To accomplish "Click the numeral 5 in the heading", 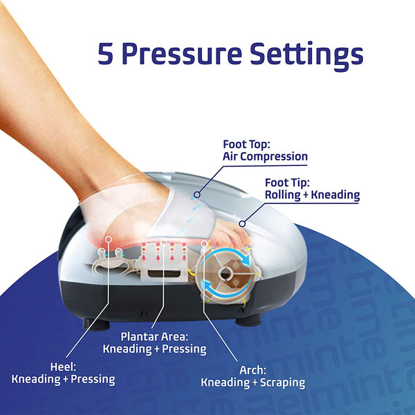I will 106,53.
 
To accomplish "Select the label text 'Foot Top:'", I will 246,145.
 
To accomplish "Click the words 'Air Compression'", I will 265,157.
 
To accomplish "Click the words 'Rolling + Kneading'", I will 313,195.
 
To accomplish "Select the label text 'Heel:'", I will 63,367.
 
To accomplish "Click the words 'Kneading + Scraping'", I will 252,382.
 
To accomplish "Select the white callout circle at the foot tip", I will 242,223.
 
